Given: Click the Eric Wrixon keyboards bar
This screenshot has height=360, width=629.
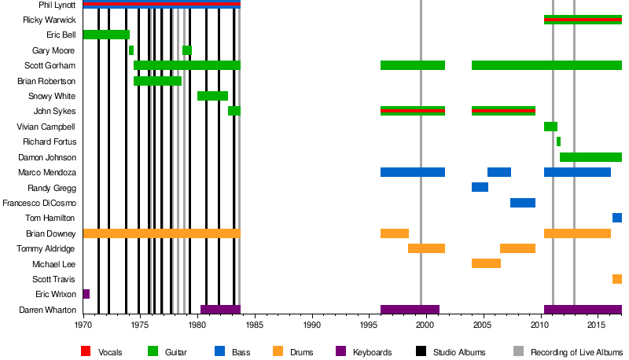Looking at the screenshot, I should pyautogui.click(x=86, y=294).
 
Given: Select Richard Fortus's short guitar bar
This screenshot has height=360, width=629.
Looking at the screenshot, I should pyautogui.click(x=558, y=141).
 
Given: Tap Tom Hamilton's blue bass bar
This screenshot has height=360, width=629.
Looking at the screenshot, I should pyautogui.click(x=617, y=218).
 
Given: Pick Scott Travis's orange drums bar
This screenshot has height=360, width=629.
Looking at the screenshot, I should pyautogui.click(x=617, y=279).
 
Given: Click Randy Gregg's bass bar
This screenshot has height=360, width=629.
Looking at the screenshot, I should pyautogui.click(x=480, y=187).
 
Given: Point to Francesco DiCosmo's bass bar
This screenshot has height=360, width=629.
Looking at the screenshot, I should pyautogui.click(x=523, y=203).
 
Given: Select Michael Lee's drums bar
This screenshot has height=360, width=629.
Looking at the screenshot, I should pyautogui.click(x=486, y=263).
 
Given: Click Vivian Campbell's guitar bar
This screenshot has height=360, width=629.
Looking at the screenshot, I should pyautogui.click(x=550, y=127).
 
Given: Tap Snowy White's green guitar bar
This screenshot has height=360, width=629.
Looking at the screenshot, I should pyautogui.click(x=212, y=96).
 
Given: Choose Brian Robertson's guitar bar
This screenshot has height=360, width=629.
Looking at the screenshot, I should pyautogui.click(x=157, y=81).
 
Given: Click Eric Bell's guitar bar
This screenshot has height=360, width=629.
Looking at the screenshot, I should pyautogui.click(x=106, y=35).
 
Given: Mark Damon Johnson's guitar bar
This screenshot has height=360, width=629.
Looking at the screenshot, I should pyautogui.click(x=590, y=157).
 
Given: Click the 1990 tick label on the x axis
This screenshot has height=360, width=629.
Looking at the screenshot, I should pyautogui.click(x=312, y=324).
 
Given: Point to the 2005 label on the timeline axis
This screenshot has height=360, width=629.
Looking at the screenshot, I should pyautogui.click(x=483, y=324).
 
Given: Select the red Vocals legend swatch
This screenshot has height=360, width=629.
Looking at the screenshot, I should pyautogui.click(x=86, y=351).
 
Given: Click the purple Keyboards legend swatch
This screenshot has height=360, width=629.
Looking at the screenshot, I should pyautogui.click(x=341, y=351).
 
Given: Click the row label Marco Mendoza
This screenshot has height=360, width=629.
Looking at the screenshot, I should pyautogui.click(x=50, y=172).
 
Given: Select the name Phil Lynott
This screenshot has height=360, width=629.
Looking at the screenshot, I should pyautogui.click(x=57, y=5).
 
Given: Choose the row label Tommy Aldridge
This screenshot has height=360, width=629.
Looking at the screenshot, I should pyautogui.click(x=50, y=248).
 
